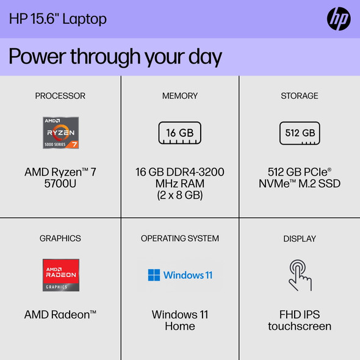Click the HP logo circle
(x=339, y=20)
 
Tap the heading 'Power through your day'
(x=115, y=57)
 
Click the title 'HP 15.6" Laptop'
(x=58, y=19)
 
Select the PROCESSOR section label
(x=60, y=96)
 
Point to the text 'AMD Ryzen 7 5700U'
(x=60, y=178)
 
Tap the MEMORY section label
(x=180, y=96)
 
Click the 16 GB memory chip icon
(x=180, y=132)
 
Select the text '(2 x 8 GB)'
(x=180, y=195)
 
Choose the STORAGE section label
(x=300, y=96)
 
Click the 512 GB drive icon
(x=300, y=132)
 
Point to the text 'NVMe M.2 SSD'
(x=300, y=184)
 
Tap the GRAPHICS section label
(x=60, y=238)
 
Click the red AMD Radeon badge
(x=60, y=275)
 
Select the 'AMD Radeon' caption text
(x=60, y=315)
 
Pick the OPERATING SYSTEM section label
(x=180, y=238)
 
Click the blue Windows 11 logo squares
(x=154, y=275)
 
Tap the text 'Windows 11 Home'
(x=180, y=320)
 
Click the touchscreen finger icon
(x=300, y=275)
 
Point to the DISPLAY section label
(x=300, y=238)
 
